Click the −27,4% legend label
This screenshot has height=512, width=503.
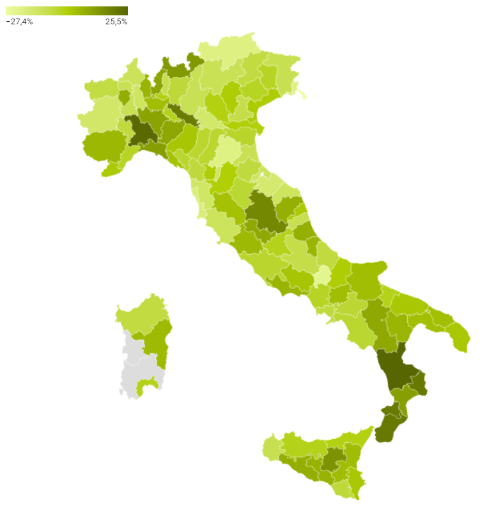click(x=20, y=22)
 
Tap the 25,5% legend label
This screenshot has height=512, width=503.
click(x=116, y=22)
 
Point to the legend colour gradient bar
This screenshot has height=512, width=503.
click(x=66, y=11)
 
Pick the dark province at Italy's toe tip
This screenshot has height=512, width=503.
click(x=387, y=428)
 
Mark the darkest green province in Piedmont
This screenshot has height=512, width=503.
click(x=142, y=131)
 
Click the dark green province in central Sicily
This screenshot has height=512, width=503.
click(x=332, y=460)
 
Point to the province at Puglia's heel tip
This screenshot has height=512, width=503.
click(x=460, y=337)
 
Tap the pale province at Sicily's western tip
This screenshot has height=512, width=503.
click(x=271, y=447)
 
